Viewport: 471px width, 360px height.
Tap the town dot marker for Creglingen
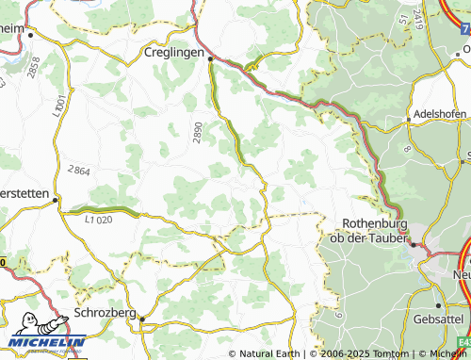pos(211,57)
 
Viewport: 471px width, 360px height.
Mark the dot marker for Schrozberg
pos(142,319)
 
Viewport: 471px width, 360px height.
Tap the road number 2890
pos(198,133)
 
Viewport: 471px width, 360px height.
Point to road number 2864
pos(78,171)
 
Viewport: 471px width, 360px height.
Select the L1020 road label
pos(97,220)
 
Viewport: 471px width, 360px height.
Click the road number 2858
pos(36,68)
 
